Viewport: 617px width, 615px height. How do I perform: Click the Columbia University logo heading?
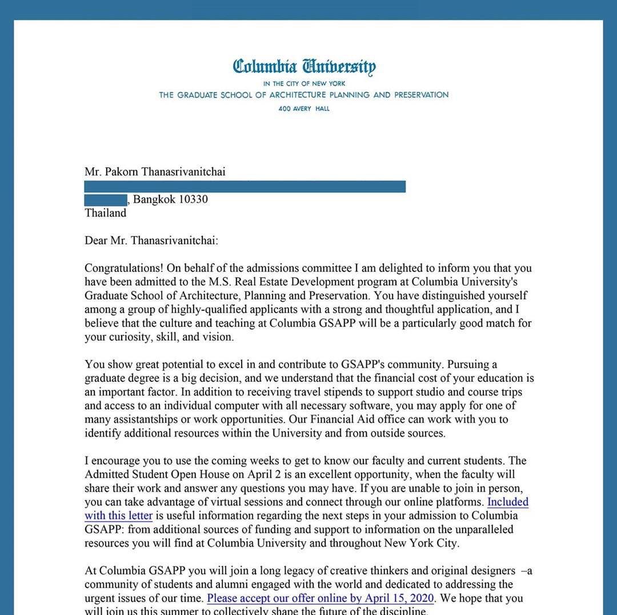[x=304, y=67]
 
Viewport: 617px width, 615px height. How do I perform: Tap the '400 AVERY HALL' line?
[x=304, y=109]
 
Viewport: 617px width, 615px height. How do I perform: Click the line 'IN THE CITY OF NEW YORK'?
[x=304, y=83]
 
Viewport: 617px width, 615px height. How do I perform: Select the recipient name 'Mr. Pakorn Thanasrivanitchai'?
[x=155, y=171]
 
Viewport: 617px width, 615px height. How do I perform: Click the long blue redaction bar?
[x=245, y=186]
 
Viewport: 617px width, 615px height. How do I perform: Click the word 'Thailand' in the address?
[x=105, y=213]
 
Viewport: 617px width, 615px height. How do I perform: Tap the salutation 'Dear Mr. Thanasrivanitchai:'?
[x=151, y=241]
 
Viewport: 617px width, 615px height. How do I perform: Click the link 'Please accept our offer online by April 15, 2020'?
[x=320, y=598]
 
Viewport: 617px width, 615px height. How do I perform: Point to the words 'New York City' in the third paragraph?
[x=420, y=543]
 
